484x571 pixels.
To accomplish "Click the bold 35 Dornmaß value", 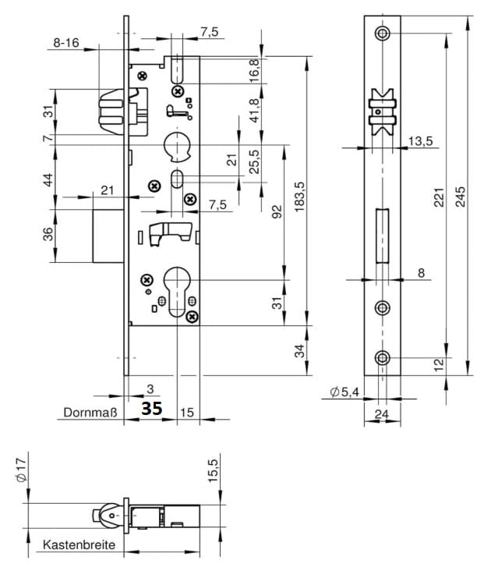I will coord(151,408).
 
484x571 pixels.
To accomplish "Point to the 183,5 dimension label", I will coord(300,196).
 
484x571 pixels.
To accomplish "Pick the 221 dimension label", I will coord(439,195).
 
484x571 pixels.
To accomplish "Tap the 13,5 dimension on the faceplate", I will coord(419,141).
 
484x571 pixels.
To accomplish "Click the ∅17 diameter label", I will coord(21,470).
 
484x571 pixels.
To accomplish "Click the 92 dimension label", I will coord(276,211).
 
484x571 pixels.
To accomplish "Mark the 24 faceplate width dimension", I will coord(381,414).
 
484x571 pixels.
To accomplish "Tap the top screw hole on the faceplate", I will coord(381,34).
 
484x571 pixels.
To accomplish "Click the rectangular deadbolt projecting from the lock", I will coord(108,235).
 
